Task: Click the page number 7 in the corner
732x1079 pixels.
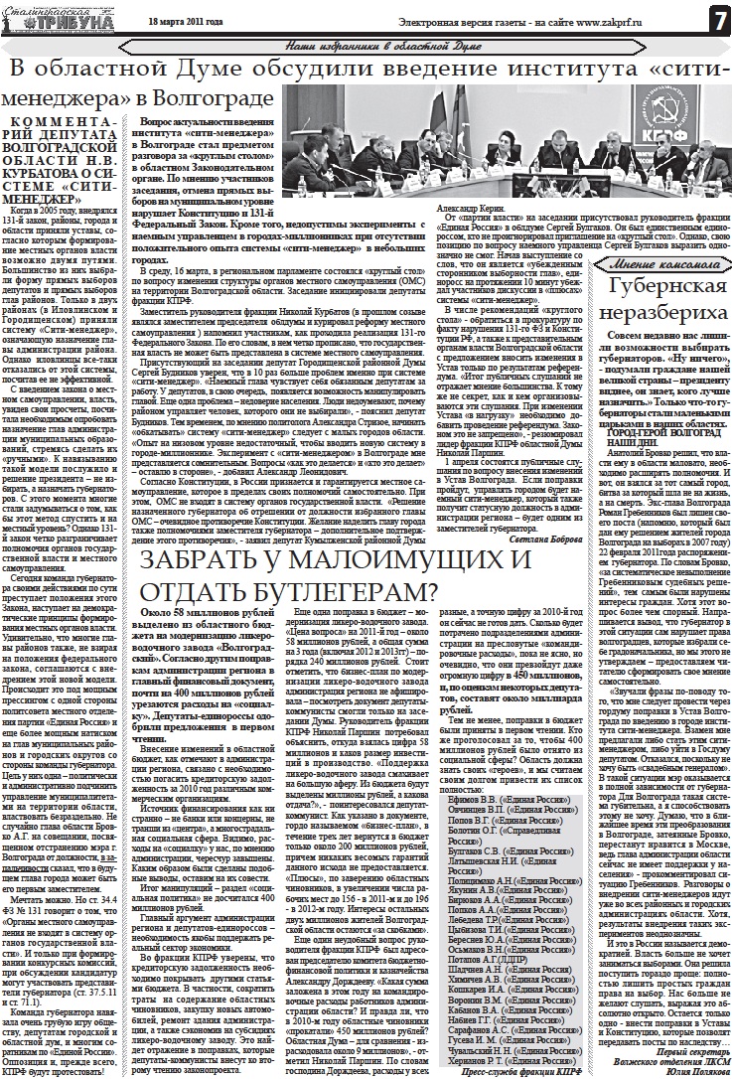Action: [x=714, y=19]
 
